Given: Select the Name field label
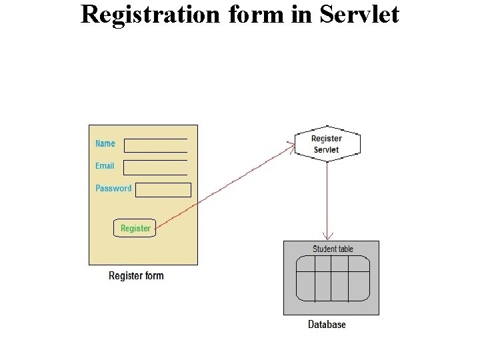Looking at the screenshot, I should pos(105,143).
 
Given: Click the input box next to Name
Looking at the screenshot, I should pos(156,145).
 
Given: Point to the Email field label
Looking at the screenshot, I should pos(105,166).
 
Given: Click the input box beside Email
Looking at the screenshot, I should pos(156,167).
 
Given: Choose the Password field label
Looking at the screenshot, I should pos(113,189).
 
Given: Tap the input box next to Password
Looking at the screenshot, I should pos(163,190).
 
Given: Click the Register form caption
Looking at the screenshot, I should pos(136,276).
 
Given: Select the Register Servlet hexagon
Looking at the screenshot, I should pos(327,144).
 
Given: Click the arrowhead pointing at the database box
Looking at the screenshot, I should pos(327,236).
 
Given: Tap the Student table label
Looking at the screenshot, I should pos(333,249).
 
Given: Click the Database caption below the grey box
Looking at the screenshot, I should pos(327,325).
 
